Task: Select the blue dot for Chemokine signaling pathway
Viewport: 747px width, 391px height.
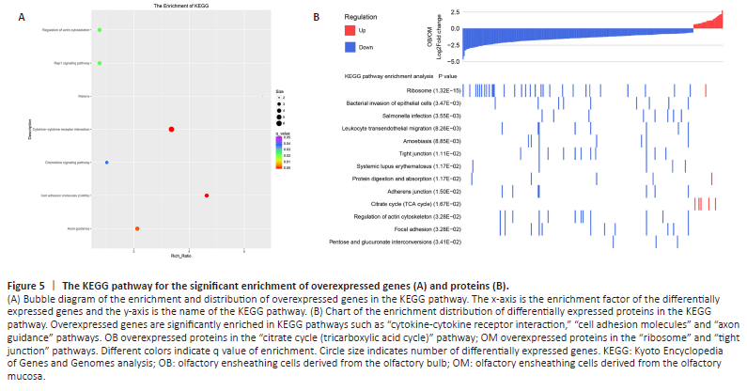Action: click(x=107, y=163)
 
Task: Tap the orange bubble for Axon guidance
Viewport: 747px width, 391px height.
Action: click(x=137, y=228)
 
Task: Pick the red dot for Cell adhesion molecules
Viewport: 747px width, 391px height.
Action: click(x=206, y=195)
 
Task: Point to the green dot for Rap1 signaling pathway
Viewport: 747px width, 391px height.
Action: click(x=100, y=63)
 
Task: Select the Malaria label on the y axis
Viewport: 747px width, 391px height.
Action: click(x=85, y=96)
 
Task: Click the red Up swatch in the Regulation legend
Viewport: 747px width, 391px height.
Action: click(x=350, y=31)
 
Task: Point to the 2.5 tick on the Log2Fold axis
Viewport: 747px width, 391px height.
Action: click(x=454, y=11)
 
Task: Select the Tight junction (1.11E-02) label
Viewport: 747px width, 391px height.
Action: click(x=428, y=152)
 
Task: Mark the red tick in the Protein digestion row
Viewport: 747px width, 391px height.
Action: click(x=712, y=179)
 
